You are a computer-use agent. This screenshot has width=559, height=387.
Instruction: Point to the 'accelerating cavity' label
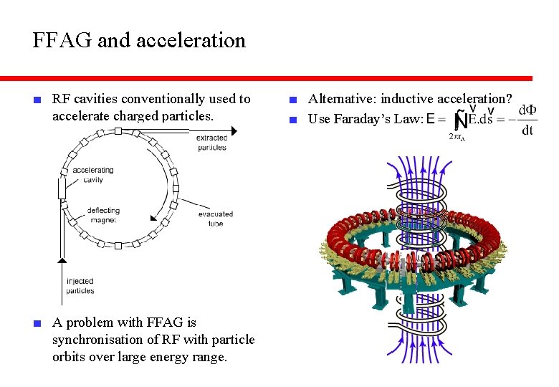tap(93, 175)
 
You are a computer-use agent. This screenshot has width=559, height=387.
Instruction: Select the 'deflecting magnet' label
tap(103, 215)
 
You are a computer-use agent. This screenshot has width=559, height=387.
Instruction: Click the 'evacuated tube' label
tap(215, 219)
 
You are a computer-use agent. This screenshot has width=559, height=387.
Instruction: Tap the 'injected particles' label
tap(80, 286)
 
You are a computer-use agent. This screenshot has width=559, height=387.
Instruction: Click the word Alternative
tap(339, 100)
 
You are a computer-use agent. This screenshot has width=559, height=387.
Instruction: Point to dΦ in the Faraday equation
tap(527, 110)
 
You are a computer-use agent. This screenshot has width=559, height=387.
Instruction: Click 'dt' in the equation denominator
tap(527, 130)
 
